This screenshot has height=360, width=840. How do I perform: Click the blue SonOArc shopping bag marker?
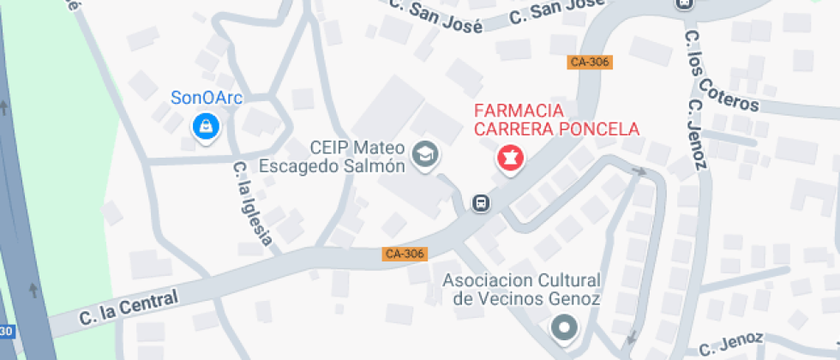[206, 128]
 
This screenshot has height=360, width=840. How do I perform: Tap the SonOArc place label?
[207, 98]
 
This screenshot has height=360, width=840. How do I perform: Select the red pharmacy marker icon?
[510, 159]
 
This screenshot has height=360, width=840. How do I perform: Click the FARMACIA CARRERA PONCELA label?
[557, 120]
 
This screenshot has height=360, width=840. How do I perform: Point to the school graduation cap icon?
[424, 155]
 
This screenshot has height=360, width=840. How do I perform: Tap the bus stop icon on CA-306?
[481, 203]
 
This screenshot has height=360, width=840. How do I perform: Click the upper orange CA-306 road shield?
[590, 63]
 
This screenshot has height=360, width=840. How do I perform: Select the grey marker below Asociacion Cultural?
[563, 327]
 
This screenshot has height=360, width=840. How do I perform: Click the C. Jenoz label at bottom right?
[730, 344]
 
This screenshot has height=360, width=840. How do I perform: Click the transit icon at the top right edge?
[683, 3]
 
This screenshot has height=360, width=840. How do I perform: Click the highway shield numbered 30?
[7, 332]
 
